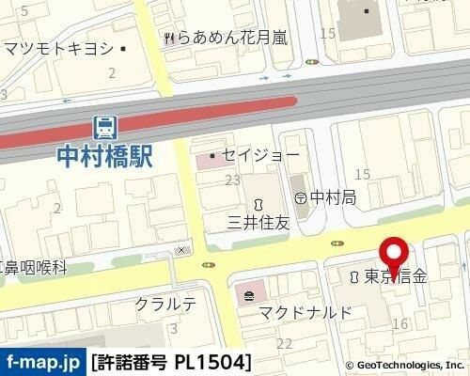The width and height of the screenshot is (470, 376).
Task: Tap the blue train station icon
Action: (105, 126)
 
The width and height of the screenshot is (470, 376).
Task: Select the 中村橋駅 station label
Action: (104, 154)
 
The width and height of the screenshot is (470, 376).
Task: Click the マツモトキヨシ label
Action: (58, 48)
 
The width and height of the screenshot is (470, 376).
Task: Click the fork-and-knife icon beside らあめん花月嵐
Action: (168, 38)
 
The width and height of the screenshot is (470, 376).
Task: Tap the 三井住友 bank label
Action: (257, 223)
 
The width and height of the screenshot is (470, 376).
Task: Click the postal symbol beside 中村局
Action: (300, 197)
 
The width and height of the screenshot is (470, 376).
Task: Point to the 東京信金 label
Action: (396, 277)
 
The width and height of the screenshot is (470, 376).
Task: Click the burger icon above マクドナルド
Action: (247, 297)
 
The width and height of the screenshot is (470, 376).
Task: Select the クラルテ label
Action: (165, 304)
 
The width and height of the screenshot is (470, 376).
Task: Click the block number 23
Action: (231, 180)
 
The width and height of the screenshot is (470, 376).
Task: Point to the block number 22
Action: (283, 345)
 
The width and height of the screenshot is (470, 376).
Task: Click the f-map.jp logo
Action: (42, 360)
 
